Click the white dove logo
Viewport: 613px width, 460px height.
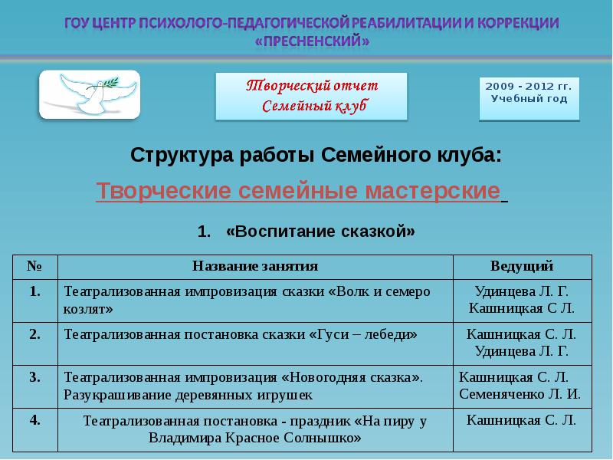tap(89, 94)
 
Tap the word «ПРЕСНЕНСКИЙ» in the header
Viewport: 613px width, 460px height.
tap(311, 43)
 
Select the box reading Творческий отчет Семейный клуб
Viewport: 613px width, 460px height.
tap(311, 96)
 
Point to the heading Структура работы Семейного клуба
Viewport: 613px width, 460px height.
tap(316, 156)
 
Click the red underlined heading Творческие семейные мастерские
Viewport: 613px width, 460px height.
tap(298, 191)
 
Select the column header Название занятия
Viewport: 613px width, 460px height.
tap(255, 266)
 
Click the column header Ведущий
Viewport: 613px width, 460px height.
tap(522, 266)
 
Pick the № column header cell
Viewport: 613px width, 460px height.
tap(35, 266)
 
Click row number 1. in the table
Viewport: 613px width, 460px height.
tap(35, 291)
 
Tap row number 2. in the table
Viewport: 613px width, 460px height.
tap(35, 333)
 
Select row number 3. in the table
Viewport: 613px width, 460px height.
tap(35, 376)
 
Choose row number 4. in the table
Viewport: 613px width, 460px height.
tap(35, 419)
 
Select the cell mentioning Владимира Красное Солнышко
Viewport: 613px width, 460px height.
tap(255, 429)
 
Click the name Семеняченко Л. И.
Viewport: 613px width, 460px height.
tap(520, 395)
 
